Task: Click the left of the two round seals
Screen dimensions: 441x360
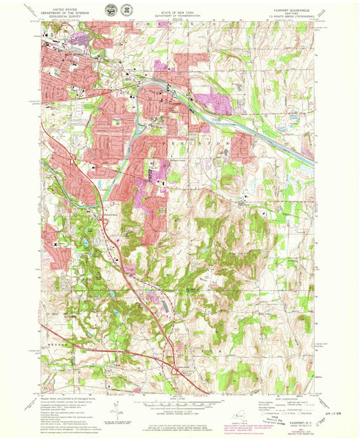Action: pos(110,9)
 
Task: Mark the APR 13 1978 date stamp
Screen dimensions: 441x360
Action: pos(326,408)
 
